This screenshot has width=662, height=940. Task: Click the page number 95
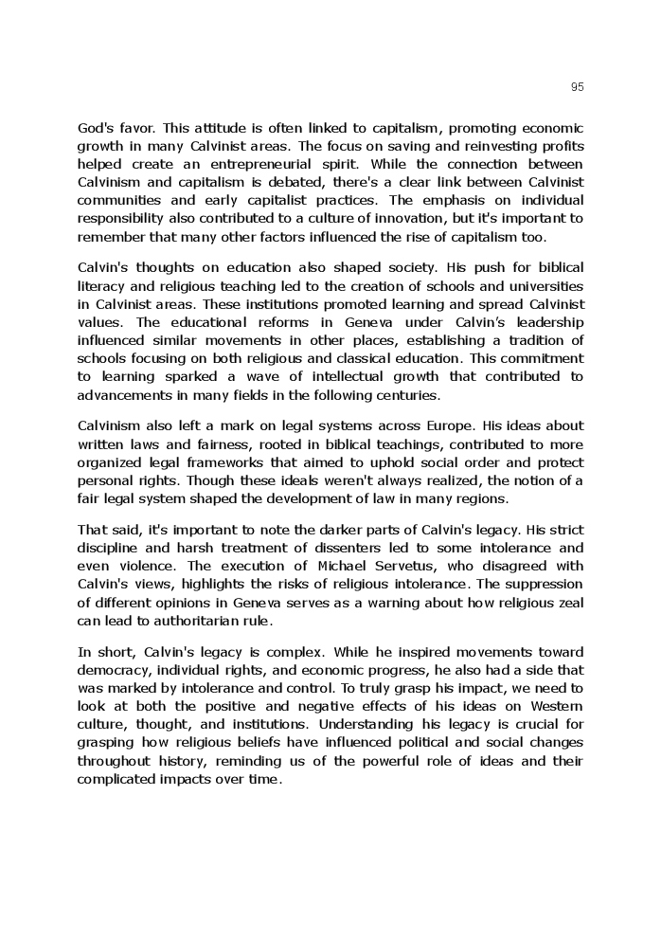coord(578,87)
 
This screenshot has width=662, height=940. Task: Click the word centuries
coord(409,394)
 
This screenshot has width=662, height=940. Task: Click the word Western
coord(559,706)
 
